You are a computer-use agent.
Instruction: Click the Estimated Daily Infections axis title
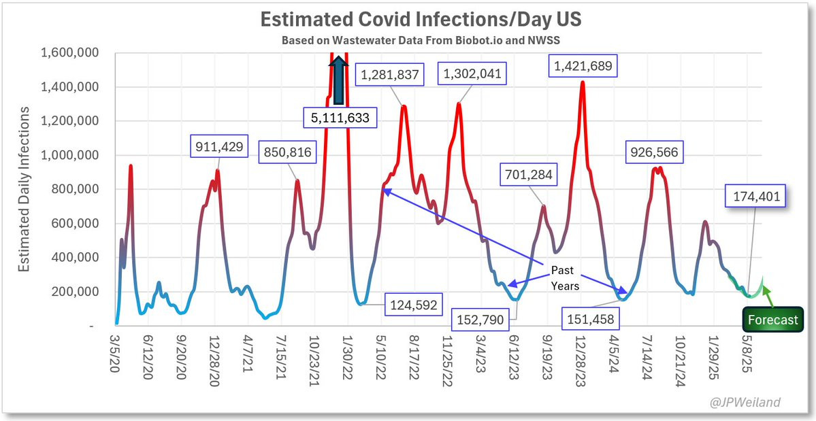pyautogui.click(x=25, y=188)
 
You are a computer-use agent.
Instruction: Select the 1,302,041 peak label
pyautogui.click(x=473, y=73)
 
